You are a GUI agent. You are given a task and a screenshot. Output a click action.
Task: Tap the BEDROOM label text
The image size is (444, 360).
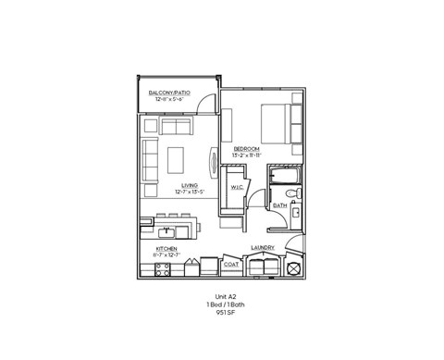click(x=244, y=148)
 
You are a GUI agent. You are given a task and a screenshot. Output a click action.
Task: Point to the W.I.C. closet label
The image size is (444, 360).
click(x=236, y=186)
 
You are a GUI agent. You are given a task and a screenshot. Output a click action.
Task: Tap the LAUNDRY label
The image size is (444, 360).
click(x=264, y=248)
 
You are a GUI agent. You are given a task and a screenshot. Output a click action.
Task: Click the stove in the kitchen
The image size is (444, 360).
click(x=162, y=269)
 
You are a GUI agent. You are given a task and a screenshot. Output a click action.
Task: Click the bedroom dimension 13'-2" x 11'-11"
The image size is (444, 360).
click(x=244, y=155)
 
